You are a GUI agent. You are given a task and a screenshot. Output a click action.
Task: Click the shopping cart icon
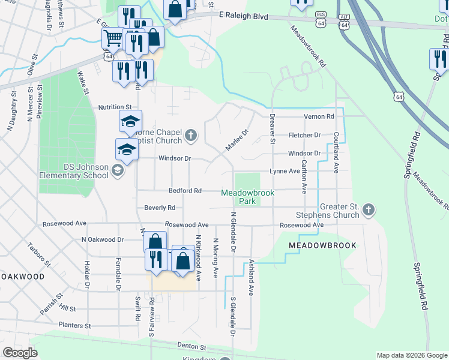(112, 39)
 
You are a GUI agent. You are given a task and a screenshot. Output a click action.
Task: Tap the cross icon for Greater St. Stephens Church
(369, 209)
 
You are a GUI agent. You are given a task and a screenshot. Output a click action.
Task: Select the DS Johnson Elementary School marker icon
(117, 171)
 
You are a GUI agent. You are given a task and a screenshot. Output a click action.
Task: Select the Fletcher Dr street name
(304, 135)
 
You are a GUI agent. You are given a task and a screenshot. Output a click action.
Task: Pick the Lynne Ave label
(284, 171)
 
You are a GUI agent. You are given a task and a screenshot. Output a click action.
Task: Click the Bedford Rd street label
(185, 190)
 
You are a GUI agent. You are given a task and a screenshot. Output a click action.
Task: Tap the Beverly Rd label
(160, 208)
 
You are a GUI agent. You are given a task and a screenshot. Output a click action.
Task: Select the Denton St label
(191, 347)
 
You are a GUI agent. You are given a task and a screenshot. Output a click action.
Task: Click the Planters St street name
(74, 325)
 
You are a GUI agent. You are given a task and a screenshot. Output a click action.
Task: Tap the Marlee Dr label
(237, 141)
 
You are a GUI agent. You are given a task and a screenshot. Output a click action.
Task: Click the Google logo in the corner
(20, 353)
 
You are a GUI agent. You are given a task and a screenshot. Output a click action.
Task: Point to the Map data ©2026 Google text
(411, 355)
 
